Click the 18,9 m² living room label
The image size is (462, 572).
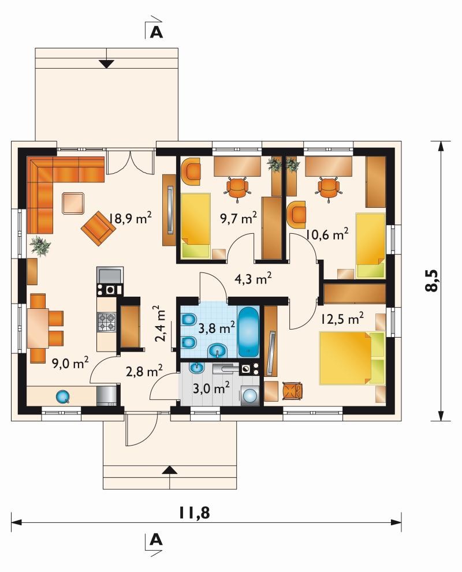pyautogui.click(x=131, y=218)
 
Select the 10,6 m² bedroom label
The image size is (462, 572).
pyautogui.click(x=327, y=234)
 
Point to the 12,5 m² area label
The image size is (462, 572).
pyautogui.click(x=342, y=319)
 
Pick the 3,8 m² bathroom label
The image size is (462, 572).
pyautogui.click(x=217, y=328)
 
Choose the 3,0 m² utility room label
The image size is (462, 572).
pyautogui.click(x=211, y=388)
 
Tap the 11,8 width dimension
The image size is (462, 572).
pyautogui.click(x=194, y=513)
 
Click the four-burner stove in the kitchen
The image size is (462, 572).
pyautogui.click(x=107, y=321)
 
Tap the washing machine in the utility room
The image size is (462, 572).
pyautogui.click(x=249, y=395)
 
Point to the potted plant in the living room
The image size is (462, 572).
pyautogui.click(x=40, y=245)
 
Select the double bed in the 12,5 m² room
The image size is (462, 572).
pyautogui.click(x=352, y=357)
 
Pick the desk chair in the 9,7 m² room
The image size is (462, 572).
pyautogui.click(x=237, y=188)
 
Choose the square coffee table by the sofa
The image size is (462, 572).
pyautogui.click(x=74, y=203)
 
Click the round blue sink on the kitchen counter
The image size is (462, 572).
pyautogui.click(x=62, y=397)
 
